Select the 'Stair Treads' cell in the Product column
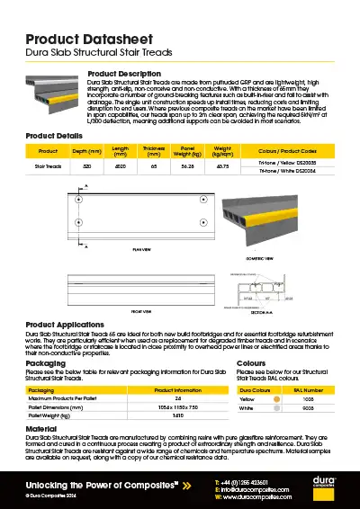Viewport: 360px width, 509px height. pos(49,165)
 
